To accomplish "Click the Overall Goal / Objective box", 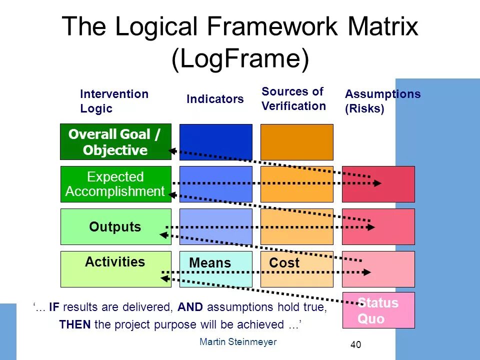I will click(x=115, y=141).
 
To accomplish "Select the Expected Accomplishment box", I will click(x=115, y=184).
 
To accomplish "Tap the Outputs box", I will click(x=115, y=226).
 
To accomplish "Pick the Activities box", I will click(x=115, y=269).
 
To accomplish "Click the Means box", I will click(x=215, y=269).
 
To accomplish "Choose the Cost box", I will click(x=296, y=269).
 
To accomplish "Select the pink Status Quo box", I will click(x=378, y=310).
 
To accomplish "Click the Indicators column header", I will click(x=215, y=99).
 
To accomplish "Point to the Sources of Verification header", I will click(x=293, y=98).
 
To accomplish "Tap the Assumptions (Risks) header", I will click(x=382, y=101).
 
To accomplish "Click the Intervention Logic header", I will click(x=114, y=101).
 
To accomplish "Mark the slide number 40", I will click(x=355, y=344).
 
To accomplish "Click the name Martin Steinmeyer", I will click(x=237, y=341).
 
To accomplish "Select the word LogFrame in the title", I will click(x=240, y=59).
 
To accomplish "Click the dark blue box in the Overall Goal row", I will click(x=215, y=141).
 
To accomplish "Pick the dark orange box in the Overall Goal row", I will click(x=296, y=141).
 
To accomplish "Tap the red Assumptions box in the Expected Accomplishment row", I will click(x=378, y=184).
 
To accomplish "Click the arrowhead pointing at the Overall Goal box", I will click(x=172, y=150).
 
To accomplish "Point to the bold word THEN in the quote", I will click(x=75, y=324).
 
